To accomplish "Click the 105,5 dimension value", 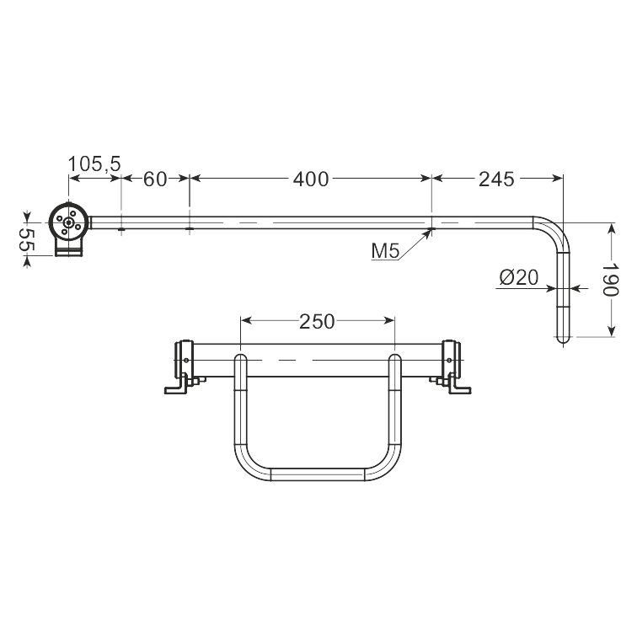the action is tap(94, 164).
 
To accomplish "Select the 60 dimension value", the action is tap(155, 179).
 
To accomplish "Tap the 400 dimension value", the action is tap(311, 179).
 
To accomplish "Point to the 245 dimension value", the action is tap(496, 179).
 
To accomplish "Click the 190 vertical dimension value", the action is tap(610, 280).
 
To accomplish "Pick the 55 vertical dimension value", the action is tap(28, 239).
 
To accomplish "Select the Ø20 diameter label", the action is tap(519, 277).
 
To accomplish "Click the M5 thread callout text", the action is tap(386, 251).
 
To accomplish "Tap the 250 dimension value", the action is tap(317, 322).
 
